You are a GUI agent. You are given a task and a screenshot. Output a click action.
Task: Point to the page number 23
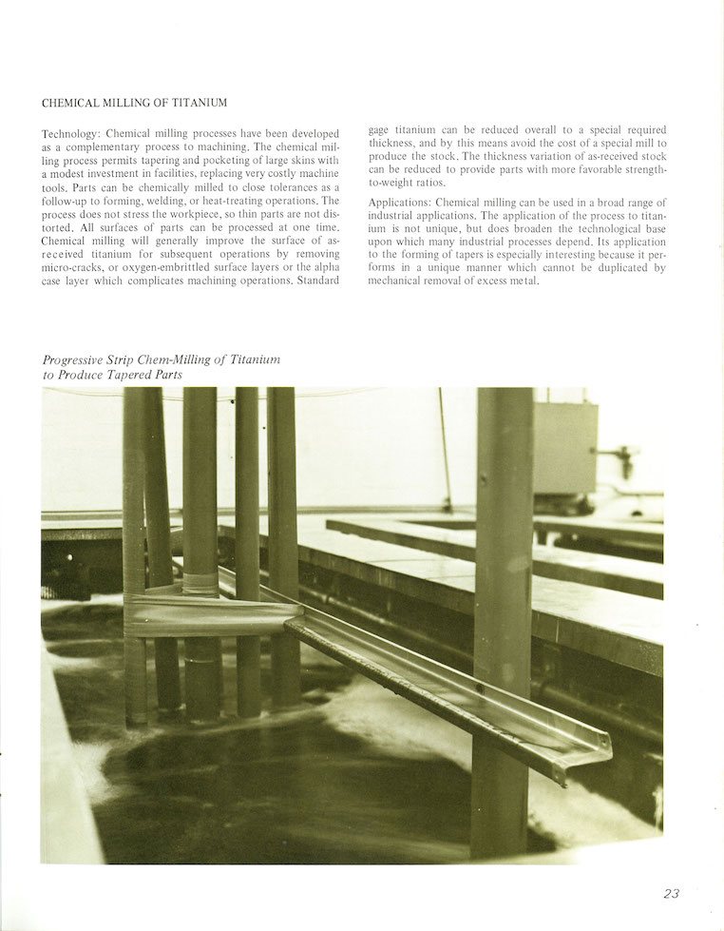click(x=672, y=893)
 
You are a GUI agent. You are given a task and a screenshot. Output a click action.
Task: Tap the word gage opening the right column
click(x=377, y=129)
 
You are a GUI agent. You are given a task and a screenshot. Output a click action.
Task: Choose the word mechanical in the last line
click(x=400, y=282)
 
